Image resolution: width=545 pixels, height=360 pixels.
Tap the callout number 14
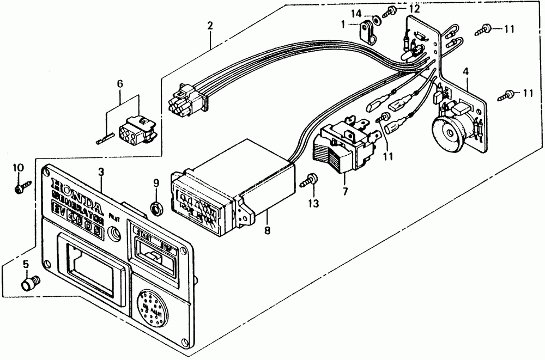point(355,13)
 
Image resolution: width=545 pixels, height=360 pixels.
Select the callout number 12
point(415,8)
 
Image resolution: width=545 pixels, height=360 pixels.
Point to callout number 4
point(466,71)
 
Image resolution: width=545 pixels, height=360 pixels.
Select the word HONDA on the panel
point(76,193)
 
